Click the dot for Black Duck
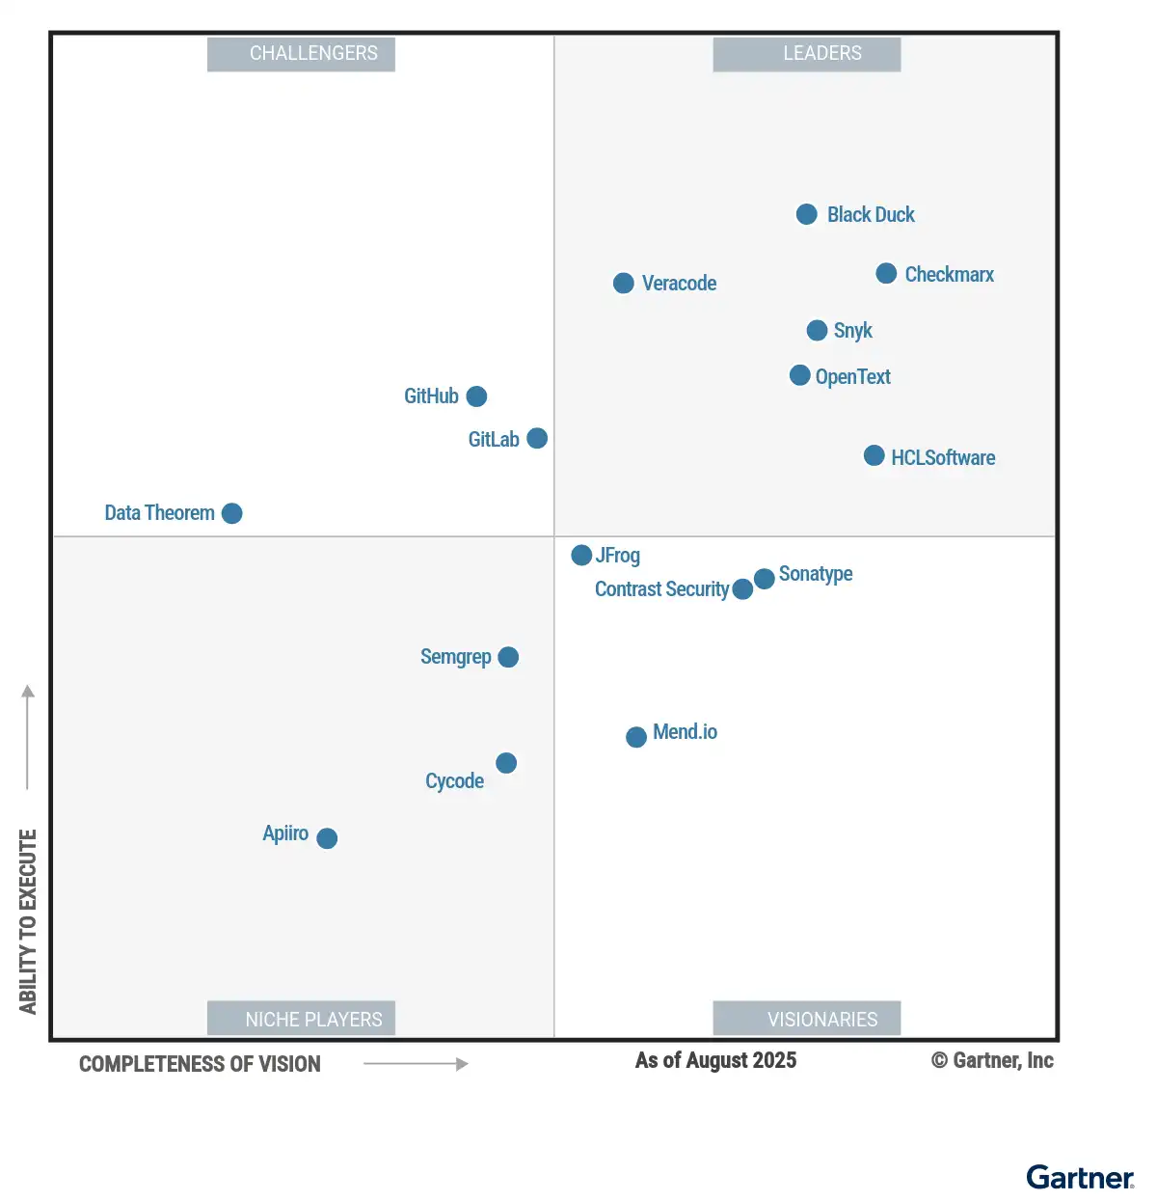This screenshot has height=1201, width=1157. click(x=807, y=214)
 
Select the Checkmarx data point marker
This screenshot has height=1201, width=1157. click(x=886, y=274)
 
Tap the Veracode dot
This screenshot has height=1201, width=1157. click(x=624, y=283)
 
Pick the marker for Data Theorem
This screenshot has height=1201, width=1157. click(x=231, y=513)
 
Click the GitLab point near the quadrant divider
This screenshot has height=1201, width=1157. click(x=537, y=439)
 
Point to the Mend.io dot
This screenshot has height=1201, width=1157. click(x=636, y=737)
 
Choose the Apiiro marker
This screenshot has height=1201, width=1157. click(x=327, y=838)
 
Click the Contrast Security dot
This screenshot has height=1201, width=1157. click(x=742, y=589)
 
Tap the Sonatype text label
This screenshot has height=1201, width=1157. click(x=816, y=574)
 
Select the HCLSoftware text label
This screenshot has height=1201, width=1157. click(x=943, y=458)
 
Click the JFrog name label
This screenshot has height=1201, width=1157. click(x=618, y=556)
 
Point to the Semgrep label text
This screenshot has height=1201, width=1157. click(x=455, y=657)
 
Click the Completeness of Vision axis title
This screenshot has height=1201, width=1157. click(x=200, y=1064)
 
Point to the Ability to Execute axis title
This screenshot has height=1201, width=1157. click(x=28, y=921)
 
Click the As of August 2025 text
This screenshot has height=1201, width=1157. click(x=715, y=1061)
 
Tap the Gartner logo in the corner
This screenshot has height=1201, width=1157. click(x=1080, y=1178)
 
